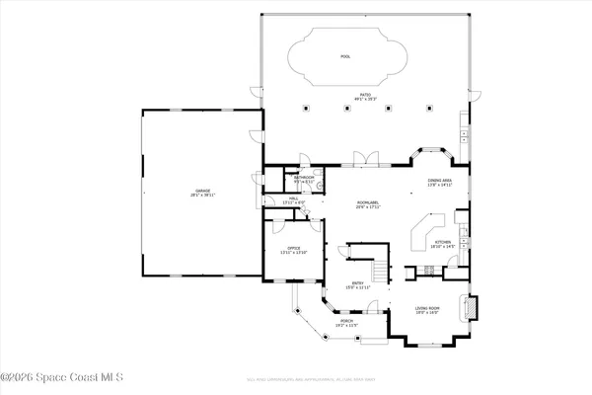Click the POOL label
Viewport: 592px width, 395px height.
(345, 57)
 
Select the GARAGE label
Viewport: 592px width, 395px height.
(202, 192)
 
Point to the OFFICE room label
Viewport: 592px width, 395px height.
(293, 249)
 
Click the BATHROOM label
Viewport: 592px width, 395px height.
(304, 179)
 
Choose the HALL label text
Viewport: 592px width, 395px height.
(293, 200)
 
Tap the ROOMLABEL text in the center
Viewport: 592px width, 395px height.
(368, 204)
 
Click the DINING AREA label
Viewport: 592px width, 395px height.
(439, 183)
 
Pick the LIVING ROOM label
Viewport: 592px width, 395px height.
(426, 311)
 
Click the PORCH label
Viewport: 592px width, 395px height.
(347, 322)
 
